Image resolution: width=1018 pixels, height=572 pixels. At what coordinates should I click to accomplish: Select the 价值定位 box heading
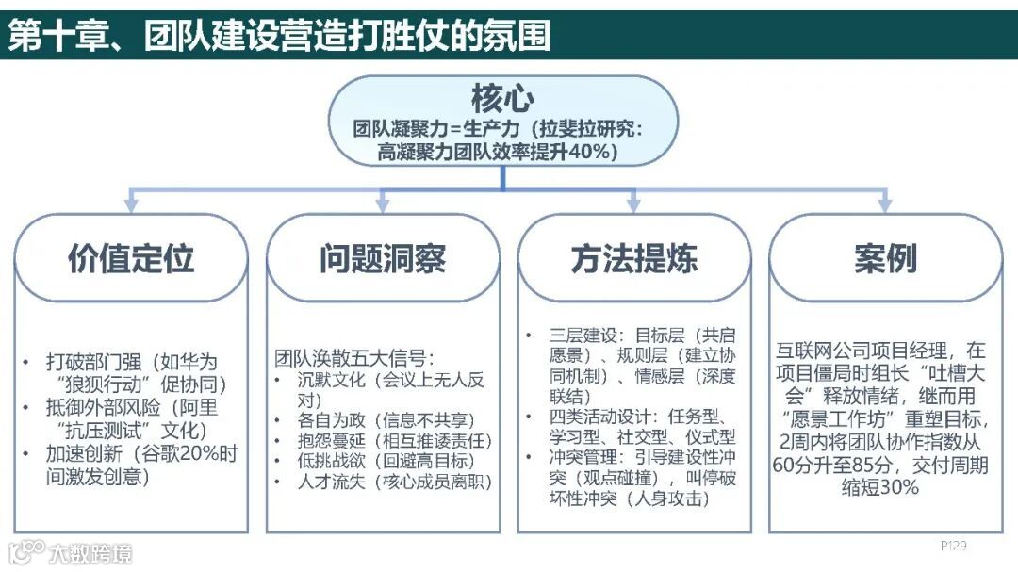[x=131, y=258]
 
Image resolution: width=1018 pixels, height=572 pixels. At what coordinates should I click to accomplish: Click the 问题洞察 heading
[x=382, y=258]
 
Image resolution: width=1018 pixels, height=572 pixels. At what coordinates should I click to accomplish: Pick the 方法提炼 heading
[x=634, y=258]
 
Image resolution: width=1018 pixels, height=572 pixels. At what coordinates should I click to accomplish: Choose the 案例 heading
[x=886, y=258]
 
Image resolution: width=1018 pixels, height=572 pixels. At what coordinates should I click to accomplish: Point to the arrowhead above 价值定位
[x=132, y=204]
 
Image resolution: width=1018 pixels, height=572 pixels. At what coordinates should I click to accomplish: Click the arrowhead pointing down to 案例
[x=884, y=204]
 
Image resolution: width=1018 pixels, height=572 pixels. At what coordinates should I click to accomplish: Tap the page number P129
[x=954, y=546]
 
